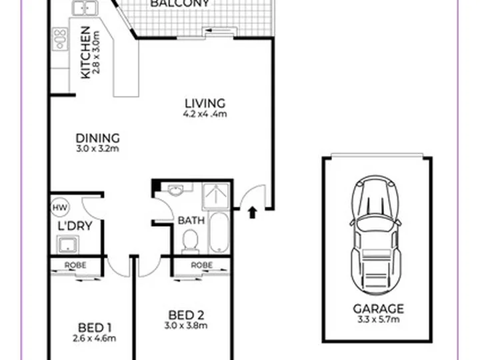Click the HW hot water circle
(x=60, y=207)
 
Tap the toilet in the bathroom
(x=190, y=242)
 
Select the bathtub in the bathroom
(x=219, y=233)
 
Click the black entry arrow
(x=252, y=213)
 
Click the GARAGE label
(x=379, y=309)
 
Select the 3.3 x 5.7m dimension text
(x=379, y=319)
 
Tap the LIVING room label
(x=205, y=103)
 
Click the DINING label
(x=97, y=139)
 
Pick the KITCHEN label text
(x=86, y=53)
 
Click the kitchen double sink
(x=85, y=8)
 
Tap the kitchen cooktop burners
(x=60, y=39)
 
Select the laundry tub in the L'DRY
(x=67, y=245)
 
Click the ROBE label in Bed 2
(x=202, y=265)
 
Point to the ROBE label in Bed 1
(x=75, y=265)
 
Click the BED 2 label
(x=186, y=315)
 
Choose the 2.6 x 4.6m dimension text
(x=94, y=339)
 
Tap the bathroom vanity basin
(x=175, y=190)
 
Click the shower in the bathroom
(x=215, y=196)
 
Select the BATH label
(x=191, y=221)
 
